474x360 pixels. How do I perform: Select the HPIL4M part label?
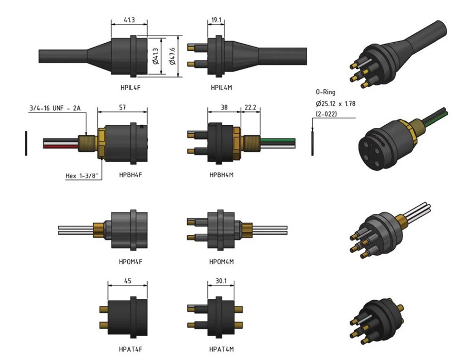(222, 88)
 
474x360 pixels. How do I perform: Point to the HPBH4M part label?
(222, 175)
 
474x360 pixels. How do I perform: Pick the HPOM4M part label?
(222, 262)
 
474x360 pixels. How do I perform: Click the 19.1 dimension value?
(216, 21)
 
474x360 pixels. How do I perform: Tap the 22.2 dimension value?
(250, 108)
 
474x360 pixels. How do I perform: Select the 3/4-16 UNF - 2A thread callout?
(55, 108)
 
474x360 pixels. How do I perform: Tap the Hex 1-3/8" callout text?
(83, 176)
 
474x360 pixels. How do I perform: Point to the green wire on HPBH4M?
(276, 138)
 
